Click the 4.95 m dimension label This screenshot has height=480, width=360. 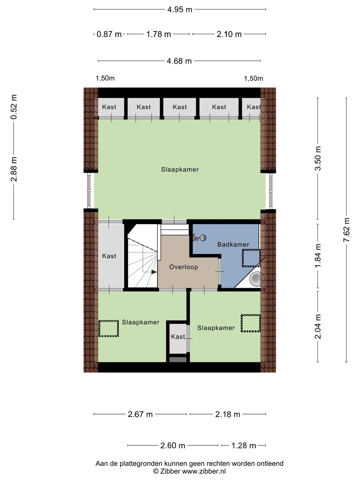click(x=180, y=10)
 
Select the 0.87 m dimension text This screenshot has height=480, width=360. click(x=109, y=34)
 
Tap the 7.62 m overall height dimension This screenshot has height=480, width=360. click(x=346, y=230)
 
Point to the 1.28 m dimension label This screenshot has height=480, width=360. click(x=243, y=445)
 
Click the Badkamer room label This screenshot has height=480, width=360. click(x=233, y=244)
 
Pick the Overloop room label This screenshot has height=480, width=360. click(x=184, y=267)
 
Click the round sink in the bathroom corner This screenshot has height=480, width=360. click(x=255, y=279)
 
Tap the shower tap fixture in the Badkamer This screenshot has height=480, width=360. click(x=199, y=238)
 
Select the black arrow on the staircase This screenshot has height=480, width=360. click(x=154, y=272)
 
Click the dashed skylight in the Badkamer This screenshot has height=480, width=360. click(x=251, y=258)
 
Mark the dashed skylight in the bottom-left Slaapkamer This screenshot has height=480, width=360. click(x=108, y=328)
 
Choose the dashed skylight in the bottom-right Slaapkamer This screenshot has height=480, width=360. click(x=251, y=323)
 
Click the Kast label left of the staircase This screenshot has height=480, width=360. click(x=109, y=256)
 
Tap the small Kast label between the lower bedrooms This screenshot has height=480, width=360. click(x=178, y=337)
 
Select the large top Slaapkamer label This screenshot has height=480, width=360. click(x=180, y=169)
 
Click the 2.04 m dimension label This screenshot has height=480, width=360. click(x=318, y=326)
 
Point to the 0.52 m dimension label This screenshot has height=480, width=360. click(x=14, y=107)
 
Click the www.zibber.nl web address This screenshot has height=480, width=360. click(x=204, y=471)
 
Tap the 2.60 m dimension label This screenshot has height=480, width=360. click(x=173, y=445)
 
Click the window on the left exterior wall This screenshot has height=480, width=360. click(x=89, y=191)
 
